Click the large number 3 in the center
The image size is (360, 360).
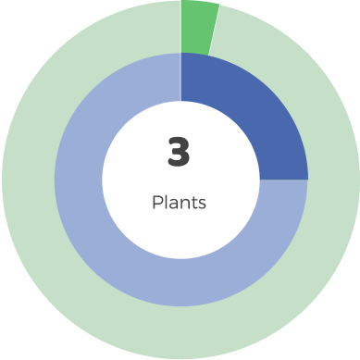[x=179, y=153]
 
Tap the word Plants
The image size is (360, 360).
[x=179, y=203]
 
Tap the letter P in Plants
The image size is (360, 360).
[x=157, y=203]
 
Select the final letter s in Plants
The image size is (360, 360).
[x=202, y=204]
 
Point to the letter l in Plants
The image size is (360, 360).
[x=166, y=202]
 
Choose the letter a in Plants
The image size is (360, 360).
[x=173, y=204]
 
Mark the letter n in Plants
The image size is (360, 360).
[x=184, y=204]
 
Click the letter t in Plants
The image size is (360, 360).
[x=193, y=203]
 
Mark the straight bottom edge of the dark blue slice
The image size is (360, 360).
[x=283, y=179]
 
